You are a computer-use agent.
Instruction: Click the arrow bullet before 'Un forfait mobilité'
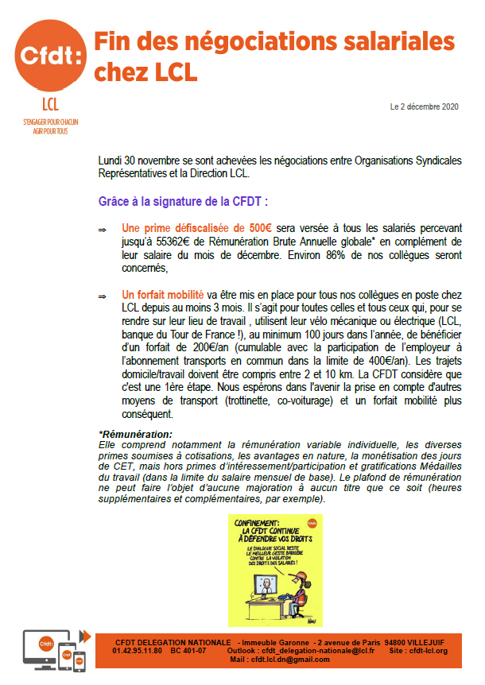(x=102, y=296)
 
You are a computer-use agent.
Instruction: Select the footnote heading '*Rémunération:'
(x=135, y=433)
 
